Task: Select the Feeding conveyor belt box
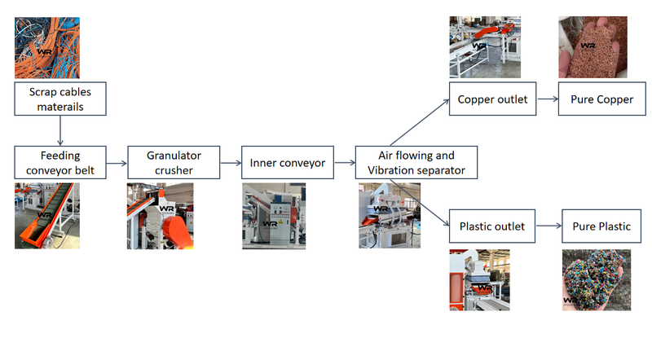pos(61,162)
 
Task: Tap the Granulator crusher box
pos(174,162)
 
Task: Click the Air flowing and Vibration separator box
pos(416,162)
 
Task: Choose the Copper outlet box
pos(492,99)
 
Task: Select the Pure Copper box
pos(596,99)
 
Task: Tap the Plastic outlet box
pos(492,226)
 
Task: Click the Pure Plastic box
pos(597,226)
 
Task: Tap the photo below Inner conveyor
pos(274,216)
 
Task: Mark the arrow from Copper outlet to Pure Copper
pos(546,99)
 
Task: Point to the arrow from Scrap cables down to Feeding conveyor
pos(61,130)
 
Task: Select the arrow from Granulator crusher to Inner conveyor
pos(231,163)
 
